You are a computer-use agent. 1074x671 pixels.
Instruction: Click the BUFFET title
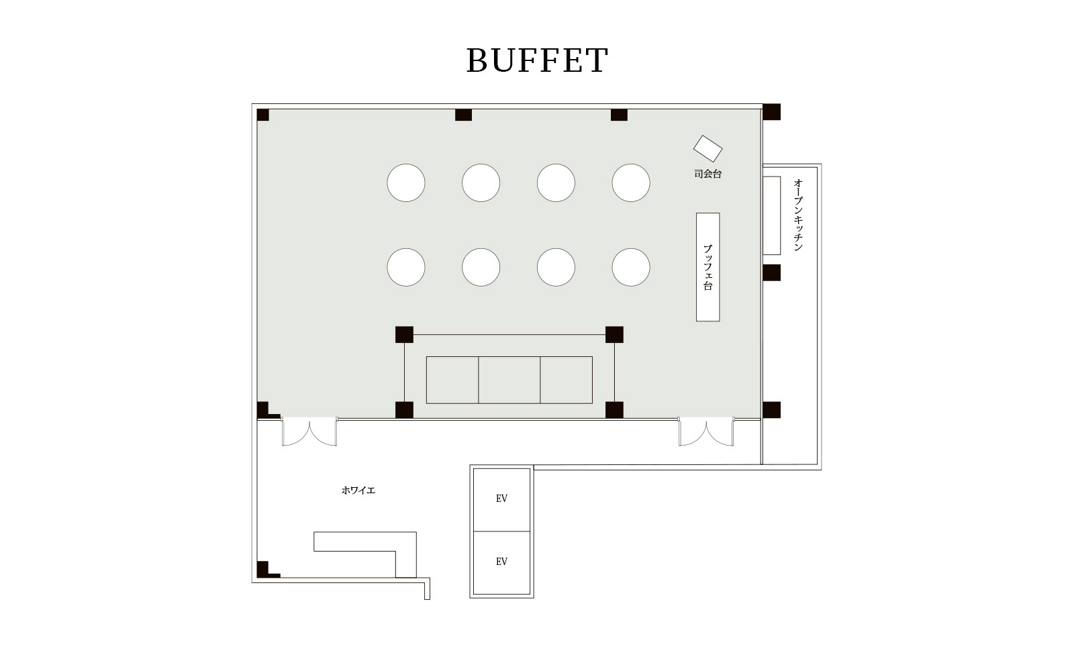coord(537,60)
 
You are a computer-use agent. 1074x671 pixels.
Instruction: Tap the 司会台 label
coord(707,174)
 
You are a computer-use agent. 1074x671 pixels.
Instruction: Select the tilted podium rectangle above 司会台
coord(707,149)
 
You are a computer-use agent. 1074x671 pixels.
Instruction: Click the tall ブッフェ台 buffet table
coord(707,267)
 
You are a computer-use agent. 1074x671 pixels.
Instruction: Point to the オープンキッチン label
coord(798,215)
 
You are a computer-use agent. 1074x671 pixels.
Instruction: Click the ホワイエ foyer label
coord(358,491)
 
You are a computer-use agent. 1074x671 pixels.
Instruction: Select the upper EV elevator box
coord(501,499)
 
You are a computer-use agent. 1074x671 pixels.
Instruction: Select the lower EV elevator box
coord(501,562)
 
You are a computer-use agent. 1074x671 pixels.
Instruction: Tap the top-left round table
coord(406,183)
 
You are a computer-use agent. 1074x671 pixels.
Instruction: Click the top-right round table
coord(631,183)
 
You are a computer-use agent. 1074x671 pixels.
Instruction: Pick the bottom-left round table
coord(406,267)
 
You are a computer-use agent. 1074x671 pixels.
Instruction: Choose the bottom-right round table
coord(631,267)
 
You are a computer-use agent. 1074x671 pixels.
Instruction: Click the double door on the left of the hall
coord(309,432)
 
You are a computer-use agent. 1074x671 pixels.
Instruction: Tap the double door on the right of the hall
coord(705,432)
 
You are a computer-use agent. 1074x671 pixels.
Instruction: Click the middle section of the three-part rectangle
coord(509,380)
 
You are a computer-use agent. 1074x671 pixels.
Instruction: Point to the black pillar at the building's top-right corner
coord(771,112)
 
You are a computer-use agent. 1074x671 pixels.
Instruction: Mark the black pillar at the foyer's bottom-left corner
coord(263,569)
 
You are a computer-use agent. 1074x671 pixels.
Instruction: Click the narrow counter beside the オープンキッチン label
coord(772,215)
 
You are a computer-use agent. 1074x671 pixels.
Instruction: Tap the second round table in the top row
coord(481,183)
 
